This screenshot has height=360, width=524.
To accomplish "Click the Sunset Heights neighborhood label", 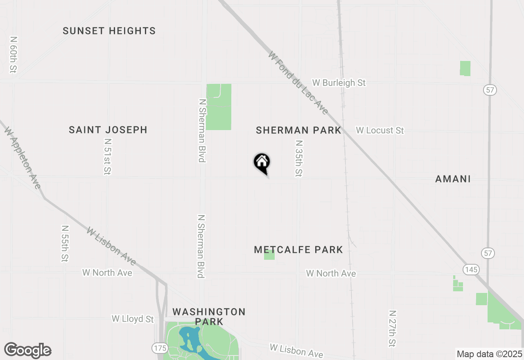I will coord(109,31).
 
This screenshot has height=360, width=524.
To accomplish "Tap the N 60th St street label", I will coord(14,54).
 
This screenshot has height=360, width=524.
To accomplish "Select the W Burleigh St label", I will coord(339,83).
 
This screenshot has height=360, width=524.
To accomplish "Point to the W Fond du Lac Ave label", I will coord(298,83).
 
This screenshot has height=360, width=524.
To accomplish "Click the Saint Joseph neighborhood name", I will coord(108,130).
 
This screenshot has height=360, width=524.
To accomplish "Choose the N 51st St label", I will coord(108,156).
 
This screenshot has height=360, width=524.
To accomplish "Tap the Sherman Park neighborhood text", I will coord(298,130).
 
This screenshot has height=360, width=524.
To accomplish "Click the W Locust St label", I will coord(380,130).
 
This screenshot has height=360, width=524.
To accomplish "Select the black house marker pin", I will coord(262,162).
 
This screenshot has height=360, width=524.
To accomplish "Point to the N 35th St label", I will coord(299,159).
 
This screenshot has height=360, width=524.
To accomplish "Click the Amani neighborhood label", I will coord(453,179).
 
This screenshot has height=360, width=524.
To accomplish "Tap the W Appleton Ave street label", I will coord(23,157).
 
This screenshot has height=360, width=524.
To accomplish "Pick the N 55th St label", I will coord(65,243).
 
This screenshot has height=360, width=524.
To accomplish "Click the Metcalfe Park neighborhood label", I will coord(298,250).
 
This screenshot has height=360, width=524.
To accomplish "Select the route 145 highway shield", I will coord(471,269).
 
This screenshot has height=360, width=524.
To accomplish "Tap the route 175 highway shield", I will coord(159,348).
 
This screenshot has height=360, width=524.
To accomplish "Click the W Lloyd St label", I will coord(133,319).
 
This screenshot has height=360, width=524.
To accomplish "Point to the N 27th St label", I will coord(393,328).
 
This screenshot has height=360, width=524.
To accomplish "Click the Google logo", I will coord(28,350).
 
